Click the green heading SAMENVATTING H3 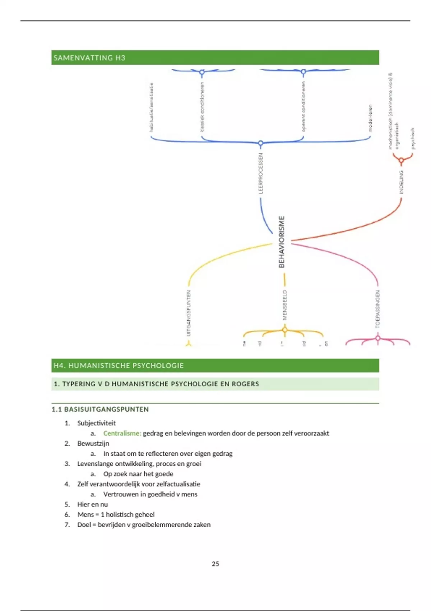[x=89, y=58]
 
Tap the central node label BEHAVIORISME [x=282, y=242]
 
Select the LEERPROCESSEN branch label [x=261, y=174]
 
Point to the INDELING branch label [x=402, y=182]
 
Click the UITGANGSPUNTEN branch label [x=189, y=313]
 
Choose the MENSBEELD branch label [x=285, y=305]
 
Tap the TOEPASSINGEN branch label [x=377, y=309]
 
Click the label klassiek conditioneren [x=202, y=107]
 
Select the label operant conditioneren [x=303, y=106]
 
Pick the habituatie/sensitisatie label [x=152, y=107]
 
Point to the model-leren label [x=370, y=118]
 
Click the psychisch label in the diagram [x=413, y=138]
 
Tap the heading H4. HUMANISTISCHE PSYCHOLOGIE [x=119, y=366]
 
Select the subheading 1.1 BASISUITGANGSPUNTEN [x=100, y=409]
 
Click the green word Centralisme [x=122, y=433]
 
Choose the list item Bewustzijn [x=93, y=444]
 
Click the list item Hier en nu [x=92, y=504]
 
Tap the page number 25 [x=215, y=564]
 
